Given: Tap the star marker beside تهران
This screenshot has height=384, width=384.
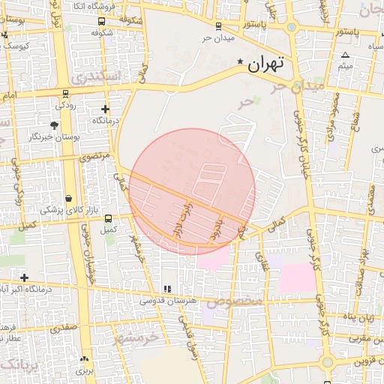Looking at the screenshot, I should point(240,61).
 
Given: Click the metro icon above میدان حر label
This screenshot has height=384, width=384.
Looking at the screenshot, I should point(218,25).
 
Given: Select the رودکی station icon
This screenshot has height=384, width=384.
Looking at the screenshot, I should point(67,94).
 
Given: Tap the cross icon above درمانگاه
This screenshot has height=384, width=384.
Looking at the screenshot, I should point(105,109).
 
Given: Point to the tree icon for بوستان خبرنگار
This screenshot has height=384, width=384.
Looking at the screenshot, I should point(54,125).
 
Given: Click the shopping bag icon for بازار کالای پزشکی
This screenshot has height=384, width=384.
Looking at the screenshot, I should point(69,198).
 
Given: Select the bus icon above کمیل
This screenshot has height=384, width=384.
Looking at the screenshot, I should point(109,218).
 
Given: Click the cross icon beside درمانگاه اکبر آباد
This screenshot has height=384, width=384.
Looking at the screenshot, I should point(24,277).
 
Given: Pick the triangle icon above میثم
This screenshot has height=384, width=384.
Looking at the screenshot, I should point(345,55).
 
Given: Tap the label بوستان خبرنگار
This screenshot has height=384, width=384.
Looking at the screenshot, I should point(55,137).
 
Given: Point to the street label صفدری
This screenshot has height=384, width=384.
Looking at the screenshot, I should point(64,328).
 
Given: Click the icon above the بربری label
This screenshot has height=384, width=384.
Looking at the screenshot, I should point(83,358).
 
